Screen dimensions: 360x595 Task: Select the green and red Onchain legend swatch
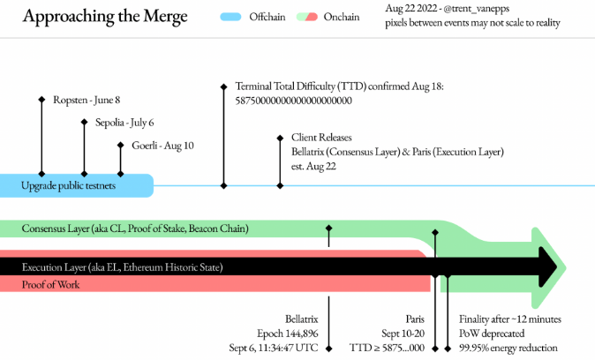point(311,17)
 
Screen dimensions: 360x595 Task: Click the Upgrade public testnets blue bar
point(79,185)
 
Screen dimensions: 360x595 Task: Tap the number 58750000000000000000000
point(294,101)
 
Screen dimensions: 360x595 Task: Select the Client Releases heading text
point(321,138)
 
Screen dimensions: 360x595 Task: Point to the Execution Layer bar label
point(123,266)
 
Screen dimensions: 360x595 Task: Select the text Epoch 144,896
point(288,334)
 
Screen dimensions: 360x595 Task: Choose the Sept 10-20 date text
point(404,334)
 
